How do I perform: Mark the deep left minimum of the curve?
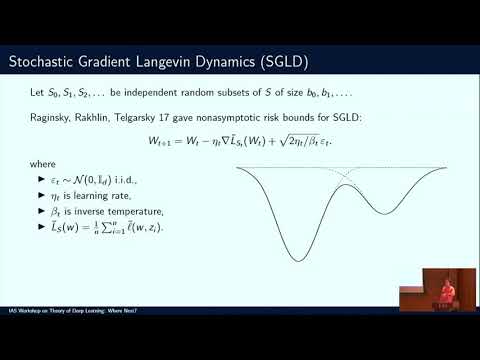click(297, 261)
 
